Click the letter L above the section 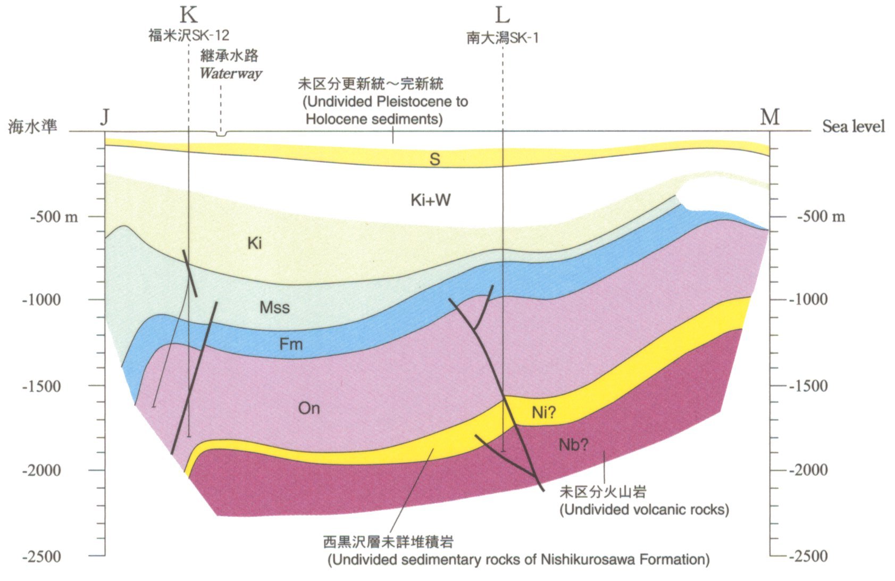tap(502, 15)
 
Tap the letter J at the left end tap(105, 117)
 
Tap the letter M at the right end tap(769, 117)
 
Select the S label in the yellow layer tap(434, 159)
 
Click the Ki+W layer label tap(430, 200)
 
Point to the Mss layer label tap(274, 307)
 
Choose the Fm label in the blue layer tap(291, 344)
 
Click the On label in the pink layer tap(308, 408)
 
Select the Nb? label tap(573, 444)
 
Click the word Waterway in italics tap(231, 73)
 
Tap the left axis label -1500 tap(41, 386)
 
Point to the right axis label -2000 tap(808, 470)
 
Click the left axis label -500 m tap(54, 217)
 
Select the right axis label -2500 tap(808, 557)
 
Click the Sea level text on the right tap(853, 127)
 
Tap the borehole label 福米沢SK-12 tap(189, 36)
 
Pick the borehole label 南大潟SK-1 tap(502, 38)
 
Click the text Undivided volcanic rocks tap(644, 509)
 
